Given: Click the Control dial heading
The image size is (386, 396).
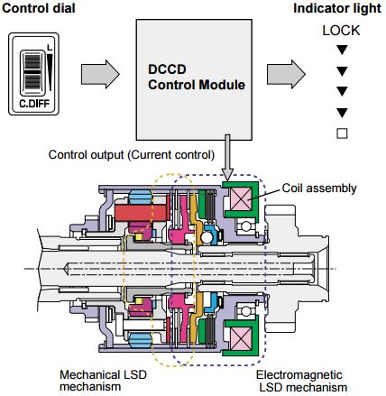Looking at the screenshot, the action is click(39, 8).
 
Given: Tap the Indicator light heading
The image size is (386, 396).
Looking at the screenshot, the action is click(337, 8).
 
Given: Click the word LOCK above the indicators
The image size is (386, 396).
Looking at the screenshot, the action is click(341, 31).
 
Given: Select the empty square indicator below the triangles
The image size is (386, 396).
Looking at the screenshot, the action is click(342, 134).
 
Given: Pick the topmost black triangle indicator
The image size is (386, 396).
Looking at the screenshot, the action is click(342, 50).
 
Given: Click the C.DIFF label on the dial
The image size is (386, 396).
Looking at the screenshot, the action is click(34, 104).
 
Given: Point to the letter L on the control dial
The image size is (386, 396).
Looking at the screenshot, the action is click(50, 48).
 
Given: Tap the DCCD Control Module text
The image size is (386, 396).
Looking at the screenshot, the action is click(197, 78).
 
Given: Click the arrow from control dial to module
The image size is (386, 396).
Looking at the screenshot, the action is click(100, 74).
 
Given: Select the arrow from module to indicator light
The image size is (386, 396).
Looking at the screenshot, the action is click(286, 74).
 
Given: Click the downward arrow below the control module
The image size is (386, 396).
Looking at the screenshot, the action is click(227, 158).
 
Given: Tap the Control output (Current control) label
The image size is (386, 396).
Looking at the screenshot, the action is click(132, 155).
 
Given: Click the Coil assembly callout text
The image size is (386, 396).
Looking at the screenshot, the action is click(319, 189).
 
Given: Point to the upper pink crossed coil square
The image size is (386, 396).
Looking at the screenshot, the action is click(241, 198).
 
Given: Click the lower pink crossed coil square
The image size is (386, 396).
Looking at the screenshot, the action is click(241, 339).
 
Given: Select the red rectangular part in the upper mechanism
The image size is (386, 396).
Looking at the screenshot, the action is click(140, 214).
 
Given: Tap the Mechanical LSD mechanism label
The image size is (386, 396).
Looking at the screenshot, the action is click(103, 381).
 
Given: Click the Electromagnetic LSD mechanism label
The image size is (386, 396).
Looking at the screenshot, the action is click(301, 381).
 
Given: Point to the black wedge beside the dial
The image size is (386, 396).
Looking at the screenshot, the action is click(50, 71).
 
